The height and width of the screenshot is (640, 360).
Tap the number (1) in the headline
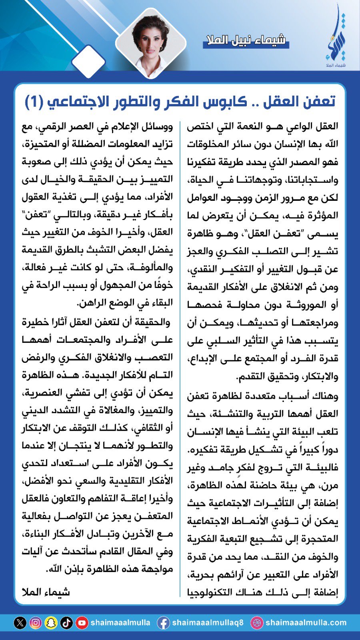(x=34, y=101)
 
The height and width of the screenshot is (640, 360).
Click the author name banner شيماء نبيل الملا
(x=246, y=40)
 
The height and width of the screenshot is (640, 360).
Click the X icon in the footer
(x=20, y=623)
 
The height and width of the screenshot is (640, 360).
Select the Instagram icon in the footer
(x=36, y=623)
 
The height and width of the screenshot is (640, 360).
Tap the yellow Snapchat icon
(x=51, y=623)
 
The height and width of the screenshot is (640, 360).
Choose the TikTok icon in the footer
(x=66, y=623)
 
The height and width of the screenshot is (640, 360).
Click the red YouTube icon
(x=82, y=623)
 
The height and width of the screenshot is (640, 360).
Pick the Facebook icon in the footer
(x=163, y=623)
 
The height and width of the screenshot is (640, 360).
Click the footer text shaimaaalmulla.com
(x=306, y=623)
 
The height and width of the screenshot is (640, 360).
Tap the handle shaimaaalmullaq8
(x=208, y=623)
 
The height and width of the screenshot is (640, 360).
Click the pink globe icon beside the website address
(x=256, y=623)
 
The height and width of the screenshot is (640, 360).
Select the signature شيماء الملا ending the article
(x=46, y=592)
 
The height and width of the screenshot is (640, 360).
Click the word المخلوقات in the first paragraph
(x=314, y=144)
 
